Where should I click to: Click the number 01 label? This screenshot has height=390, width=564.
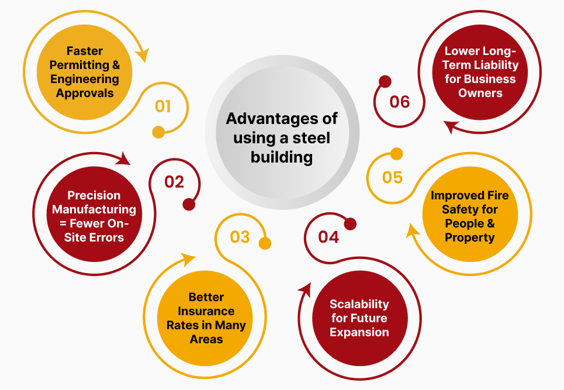[x=163, y=106]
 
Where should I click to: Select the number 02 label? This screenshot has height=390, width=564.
[x=174, y=182]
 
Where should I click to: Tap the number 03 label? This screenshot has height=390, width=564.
[x=240, y=237]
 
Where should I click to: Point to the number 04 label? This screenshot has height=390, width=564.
[x=328, y=237]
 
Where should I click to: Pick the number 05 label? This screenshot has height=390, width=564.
[x=392, y=177]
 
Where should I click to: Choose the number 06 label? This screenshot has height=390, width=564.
[x=400, y=102]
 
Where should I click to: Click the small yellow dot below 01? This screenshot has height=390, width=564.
[x=158, y=132]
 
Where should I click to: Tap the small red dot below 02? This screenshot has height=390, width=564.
[x=188, y=204]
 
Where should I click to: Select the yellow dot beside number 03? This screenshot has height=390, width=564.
[x=265, y=243]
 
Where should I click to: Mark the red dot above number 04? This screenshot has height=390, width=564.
[x=350, y=224]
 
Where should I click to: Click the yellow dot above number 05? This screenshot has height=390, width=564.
[x=396, y=154]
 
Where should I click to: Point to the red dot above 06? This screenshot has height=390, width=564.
[x=385, y=81]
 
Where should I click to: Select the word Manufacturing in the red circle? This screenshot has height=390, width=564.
[x=94, y=209]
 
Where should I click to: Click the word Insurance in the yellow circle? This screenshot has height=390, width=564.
[x=206, y=311]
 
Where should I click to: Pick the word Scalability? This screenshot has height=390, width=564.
[x=359, y=304]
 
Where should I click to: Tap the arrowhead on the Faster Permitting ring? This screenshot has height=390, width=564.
[x=141, y=56]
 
